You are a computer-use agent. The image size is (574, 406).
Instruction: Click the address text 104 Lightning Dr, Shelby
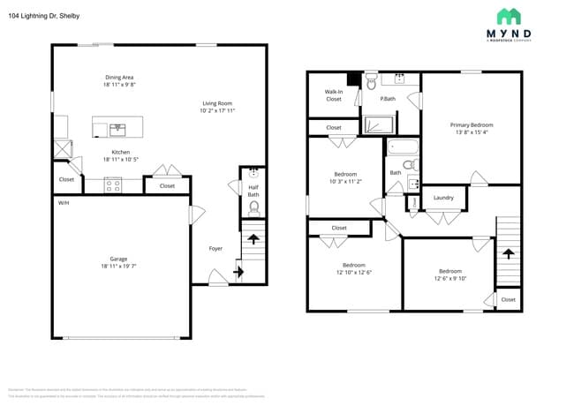pos(43,14)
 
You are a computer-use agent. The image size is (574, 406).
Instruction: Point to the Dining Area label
pos(118,78)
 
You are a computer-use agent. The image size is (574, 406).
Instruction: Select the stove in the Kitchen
pos(113,185)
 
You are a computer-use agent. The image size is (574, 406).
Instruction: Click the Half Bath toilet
pos(253,207)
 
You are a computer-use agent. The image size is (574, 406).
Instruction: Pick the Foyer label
pos(215,249)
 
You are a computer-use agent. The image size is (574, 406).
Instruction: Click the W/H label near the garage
pos(64,203)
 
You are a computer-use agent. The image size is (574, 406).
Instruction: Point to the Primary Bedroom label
pos(472,125)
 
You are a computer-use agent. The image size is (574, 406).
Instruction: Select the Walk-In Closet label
pos(333,95)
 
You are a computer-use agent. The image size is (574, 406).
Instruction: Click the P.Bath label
pos(387,99)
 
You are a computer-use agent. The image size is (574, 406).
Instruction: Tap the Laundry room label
pos(443,198)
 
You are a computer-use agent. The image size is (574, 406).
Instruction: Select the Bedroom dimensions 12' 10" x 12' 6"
pos(353,272)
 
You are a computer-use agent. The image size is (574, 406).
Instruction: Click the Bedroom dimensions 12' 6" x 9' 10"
pos(449,278)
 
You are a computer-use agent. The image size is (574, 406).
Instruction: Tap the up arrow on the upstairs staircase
pos(508,252)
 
